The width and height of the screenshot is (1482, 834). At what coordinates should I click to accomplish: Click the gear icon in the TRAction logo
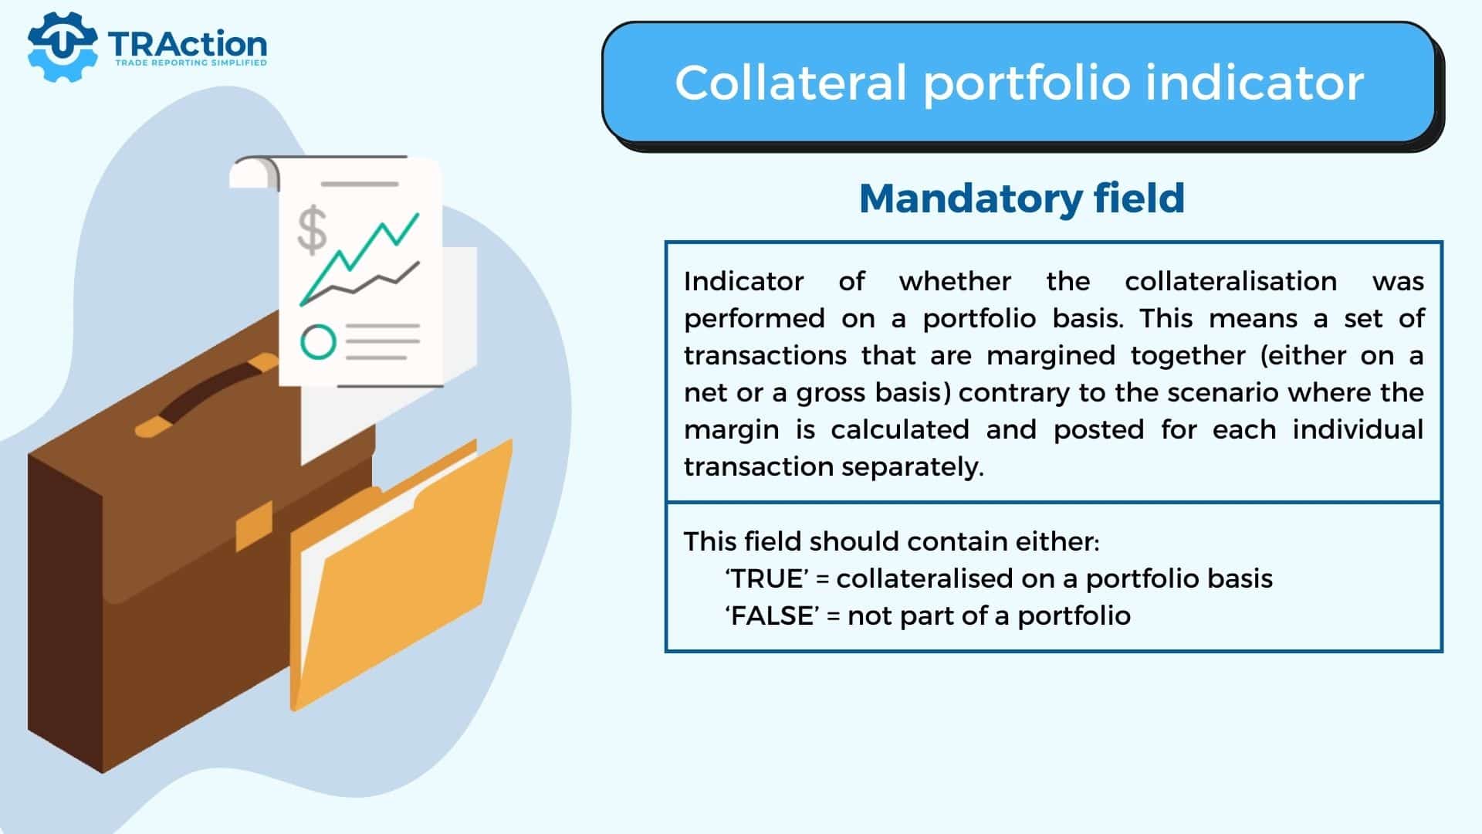(62, 46)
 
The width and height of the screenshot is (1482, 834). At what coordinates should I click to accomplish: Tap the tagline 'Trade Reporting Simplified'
(191, 63)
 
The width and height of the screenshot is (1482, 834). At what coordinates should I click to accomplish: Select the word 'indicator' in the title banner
(1254, 83)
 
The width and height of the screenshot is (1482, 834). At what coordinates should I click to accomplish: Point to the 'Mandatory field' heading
(1022, 198)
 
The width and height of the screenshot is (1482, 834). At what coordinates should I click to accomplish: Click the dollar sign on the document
(312, 230)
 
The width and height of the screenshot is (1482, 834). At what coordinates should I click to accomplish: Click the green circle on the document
(318, 342)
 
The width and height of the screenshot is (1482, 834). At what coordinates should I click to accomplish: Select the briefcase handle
(207, 395)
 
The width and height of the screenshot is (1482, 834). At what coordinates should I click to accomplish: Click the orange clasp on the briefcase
(254, 525)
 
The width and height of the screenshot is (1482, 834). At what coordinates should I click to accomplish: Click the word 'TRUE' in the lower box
(768, 578)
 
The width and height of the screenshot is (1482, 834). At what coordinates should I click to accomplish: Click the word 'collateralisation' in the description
(1230, 281)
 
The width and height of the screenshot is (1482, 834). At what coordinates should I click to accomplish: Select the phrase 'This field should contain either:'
(892, 541)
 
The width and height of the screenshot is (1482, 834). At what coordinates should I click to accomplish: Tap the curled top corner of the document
(255, 172)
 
